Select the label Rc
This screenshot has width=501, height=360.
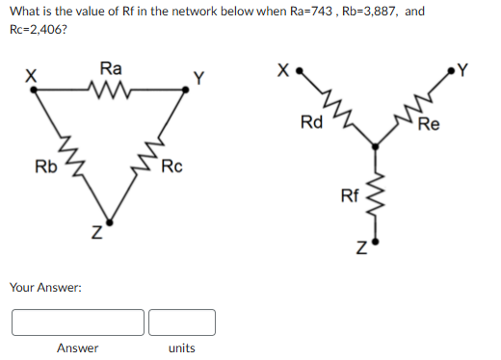pyautogui.click(x=171, y=167)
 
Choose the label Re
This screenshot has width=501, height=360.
pyautogui.click(x=429, y=124)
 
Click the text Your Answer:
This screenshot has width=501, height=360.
pyautogui.click(x=44, y=287)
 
